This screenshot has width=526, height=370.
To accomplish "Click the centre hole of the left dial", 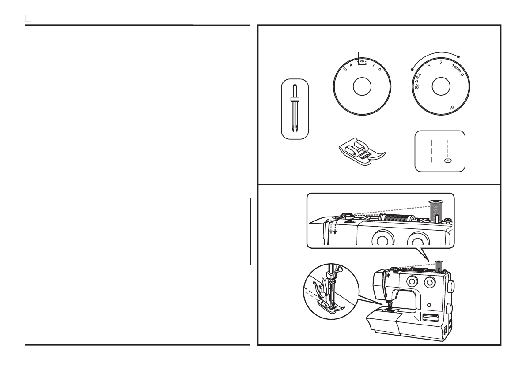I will coord(362,87).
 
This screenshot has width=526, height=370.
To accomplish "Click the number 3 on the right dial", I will coord(429,65).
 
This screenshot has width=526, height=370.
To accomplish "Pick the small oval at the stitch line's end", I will coord(448,161).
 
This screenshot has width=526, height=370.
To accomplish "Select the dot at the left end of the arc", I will coord(412,69).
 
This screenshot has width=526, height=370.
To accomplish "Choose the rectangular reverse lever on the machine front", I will coord(430,318).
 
